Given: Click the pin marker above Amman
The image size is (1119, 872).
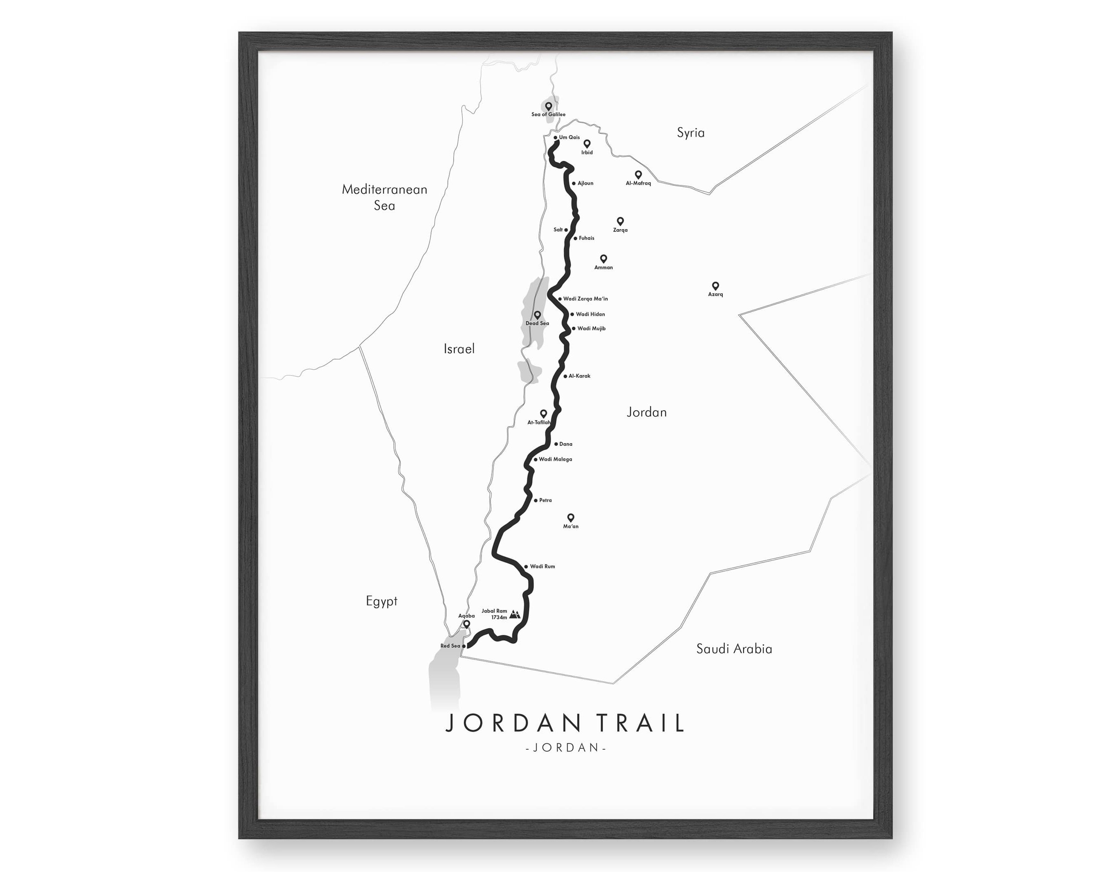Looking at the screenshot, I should click(x=604, y=259).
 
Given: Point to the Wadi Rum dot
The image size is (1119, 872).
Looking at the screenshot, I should click(x=526, y=566).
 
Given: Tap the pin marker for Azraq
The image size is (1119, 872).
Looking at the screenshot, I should click(x=715, y=286).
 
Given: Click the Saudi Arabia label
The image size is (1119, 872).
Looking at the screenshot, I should click(x=734, y=649).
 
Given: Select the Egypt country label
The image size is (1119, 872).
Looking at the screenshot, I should click(x=381, y=601).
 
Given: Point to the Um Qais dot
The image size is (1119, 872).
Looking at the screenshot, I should click(x=555, y=137).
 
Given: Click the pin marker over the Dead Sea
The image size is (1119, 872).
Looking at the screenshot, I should click(x=537, y=315).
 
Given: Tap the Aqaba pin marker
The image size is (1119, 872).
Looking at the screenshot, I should click(x=466, y=624).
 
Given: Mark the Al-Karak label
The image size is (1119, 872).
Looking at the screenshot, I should click(x=579, y=376).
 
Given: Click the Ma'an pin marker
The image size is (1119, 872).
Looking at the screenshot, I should click(x=570, y=517).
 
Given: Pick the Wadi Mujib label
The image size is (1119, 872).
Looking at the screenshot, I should click(x=591, y=329).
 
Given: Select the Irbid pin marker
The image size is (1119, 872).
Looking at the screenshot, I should click(x=587, y=144).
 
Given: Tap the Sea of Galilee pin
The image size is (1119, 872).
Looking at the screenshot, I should click(x=548, y=106).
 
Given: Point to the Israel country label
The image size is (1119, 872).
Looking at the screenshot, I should click(x=459, y=349).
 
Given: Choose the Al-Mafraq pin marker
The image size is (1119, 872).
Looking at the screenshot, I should click(x=638, y=175).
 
